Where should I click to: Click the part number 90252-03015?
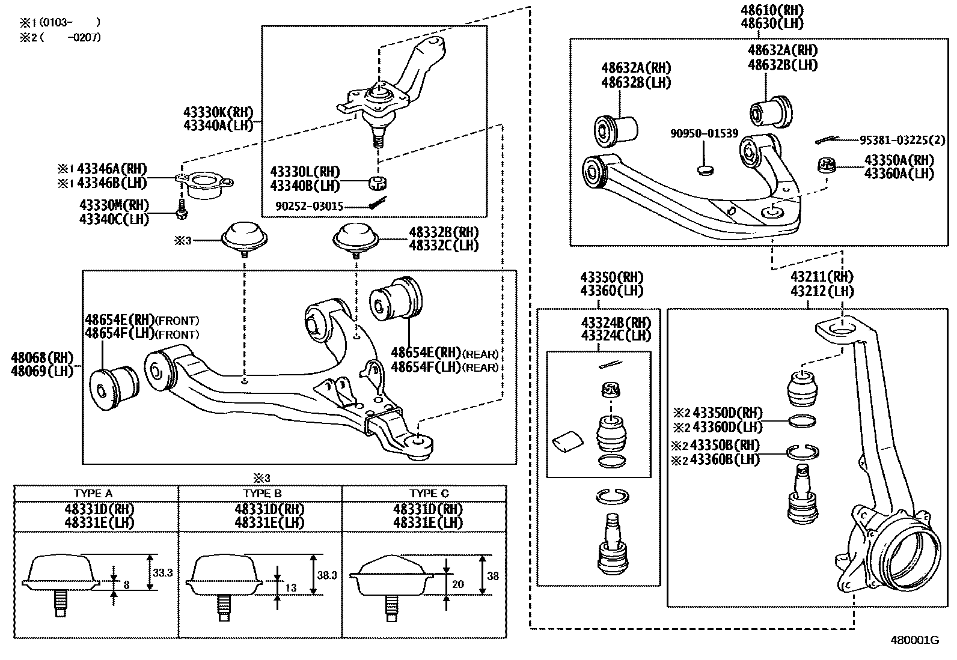click(310, 207)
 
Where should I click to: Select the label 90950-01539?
click(704, 134)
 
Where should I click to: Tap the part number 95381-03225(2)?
click(902, 140)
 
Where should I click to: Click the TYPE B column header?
click(262, 494)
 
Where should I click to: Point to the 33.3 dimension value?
click(163, 572)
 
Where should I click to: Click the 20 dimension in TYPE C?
click(458, 584)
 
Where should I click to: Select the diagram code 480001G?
click(915, 640)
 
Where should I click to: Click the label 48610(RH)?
click(772, 10)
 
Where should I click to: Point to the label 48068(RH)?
click(42, 357)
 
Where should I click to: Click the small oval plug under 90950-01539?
click(705, 171)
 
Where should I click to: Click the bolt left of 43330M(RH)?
click(182, 209)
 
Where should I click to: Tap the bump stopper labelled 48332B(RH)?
click(356, 240)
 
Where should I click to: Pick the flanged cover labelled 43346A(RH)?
click(204, 185)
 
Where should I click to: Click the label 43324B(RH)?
click(616, 322)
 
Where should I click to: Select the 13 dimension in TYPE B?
click(291, 588)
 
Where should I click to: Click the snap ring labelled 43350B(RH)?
click(803, 453)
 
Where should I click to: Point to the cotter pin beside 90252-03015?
click(379, 203)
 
